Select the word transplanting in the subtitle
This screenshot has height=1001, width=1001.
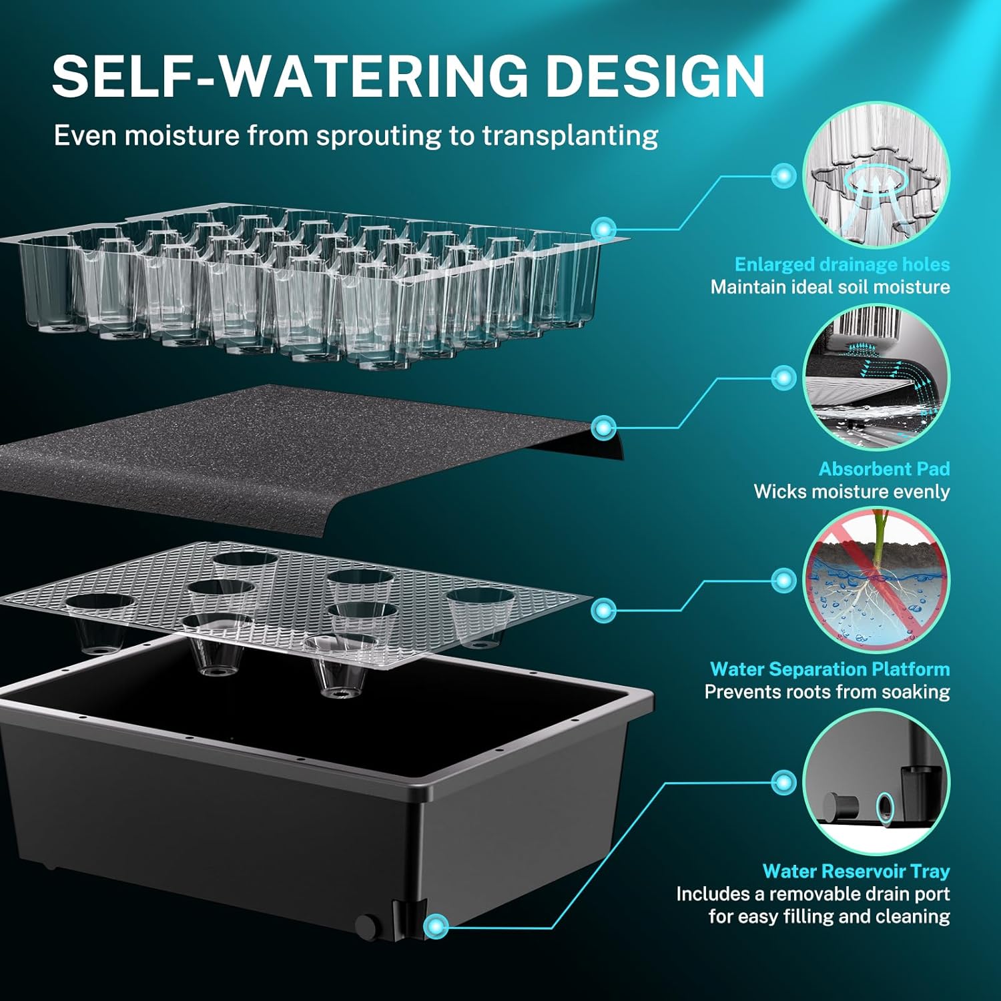pyautogui.click(x=570, y=136)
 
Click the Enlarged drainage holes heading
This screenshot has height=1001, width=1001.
pyautogui.click(x=842, y=265)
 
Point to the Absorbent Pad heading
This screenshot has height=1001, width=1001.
pyautogui.click(x=884, y=469)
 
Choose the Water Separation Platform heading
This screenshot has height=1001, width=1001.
pyautogui.click(x=830, y=669)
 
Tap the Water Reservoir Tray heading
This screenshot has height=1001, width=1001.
pyautogui.click(x=856, y=872)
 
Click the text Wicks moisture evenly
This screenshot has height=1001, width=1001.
pyautogui.click(x=852, y=492)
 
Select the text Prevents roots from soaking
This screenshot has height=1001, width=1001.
pyautogui.click(x=827, y=692)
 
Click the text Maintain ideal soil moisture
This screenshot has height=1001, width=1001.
pyautogui.click(x=830, y=288)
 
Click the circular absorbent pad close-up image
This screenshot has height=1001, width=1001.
pyautogui.click(x=876, y=377)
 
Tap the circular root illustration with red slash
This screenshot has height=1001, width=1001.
pyautogui.click(x=876, y=580)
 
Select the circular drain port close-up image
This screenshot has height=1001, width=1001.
pyautogui.click(x=876, y=782)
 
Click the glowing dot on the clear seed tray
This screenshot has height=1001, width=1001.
pyautogui.click(x=604, y=228)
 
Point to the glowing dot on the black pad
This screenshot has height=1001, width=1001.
pyautogui.click(x=604, y=427)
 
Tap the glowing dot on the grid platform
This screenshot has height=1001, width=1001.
pyautogui.click(x=604, y=610)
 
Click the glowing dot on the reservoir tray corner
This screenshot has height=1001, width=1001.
pyautogui.click(x=437, y=926)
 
